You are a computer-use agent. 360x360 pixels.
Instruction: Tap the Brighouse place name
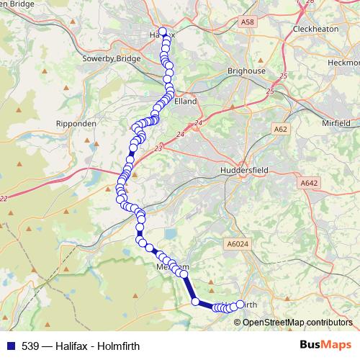[246, 71]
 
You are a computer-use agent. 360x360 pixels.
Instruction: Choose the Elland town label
[185, 102]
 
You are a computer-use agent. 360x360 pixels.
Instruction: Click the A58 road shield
[247, 23]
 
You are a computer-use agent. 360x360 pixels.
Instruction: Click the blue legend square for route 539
[10, 346]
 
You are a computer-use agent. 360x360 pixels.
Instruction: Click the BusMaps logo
[325, 345]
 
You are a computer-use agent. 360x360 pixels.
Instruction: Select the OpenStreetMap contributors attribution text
[297, 322]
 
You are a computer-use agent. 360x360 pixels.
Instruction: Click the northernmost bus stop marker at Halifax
[163, 32]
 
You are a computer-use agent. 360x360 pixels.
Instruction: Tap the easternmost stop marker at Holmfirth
[240, 305]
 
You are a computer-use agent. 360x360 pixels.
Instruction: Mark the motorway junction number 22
[4, 199]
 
